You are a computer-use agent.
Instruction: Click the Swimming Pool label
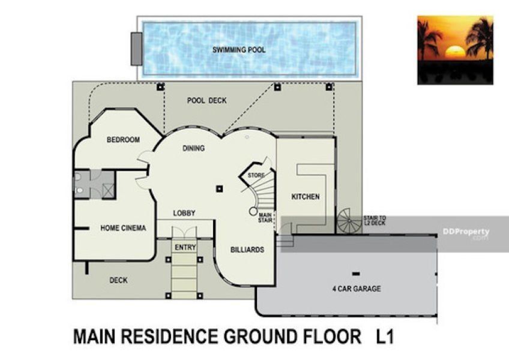[239, 50]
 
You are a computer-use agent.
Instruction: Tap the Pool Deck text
[206, 101]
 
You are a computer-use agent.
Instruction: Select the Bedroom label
[124, 140]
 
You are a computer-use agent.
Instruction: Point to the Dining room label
[193, 148]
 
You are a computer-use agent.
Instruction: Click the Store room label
[256, 175]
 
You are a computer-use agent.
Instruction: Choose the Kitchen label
[306, 197]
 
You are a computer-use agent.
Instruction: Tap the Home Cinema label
[124, 228]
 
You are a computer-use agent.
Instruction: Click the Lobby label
[184, 213]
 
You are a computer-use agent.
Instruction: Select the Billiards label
[247, 250]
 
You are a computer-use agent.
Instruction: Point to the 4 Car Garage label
[357, 289]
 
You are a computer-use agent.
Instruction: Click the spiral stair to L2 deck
[349, 221]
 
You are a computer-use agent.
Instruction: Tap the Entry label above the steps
[185, 247]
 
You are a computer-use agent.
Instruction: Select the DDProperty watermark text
[466, 232]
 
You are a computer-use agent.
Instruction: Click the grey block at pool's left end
[137, 49]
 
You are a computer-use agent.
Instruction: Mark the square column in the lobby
[220, 188]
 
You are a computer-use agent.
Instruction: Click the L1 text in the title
[385, 337]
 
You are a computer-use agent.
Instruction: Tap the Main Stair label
[265, 218]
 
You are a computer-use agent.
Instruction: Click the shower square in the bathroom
[109, 191]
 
